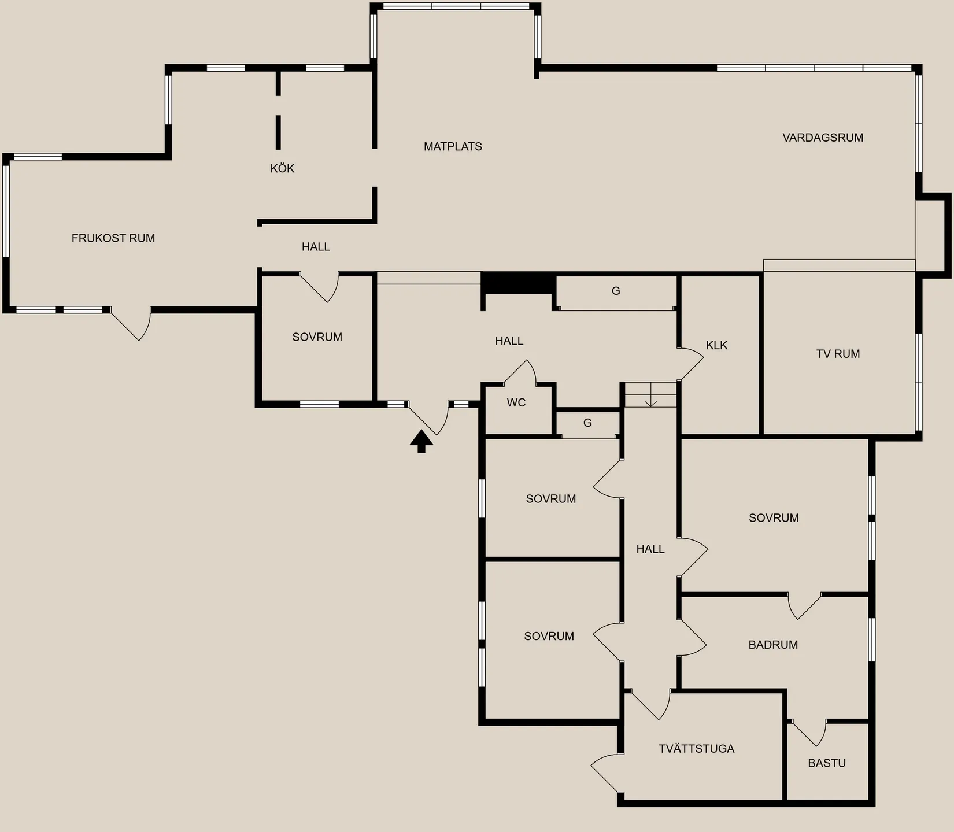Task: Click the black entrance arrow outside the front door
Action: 421,442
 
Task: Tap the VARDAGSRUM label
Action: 823,138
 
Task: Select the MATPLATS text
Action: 453,146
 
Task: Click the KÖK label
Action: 282,168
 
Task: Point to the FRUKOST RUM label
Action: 113,238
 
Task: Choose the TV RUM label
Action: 838,354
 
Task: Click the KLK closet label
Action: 716,345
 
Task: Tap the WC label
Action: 516,402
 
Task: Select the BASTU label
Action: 827,763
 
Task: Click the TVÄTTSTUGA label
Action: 697,749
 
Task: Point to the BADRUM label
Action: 773,645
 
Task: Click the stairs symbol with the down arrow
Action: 651,395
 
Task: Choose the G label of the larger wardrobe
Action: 616,291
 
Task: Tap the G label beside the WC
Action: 587,423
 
